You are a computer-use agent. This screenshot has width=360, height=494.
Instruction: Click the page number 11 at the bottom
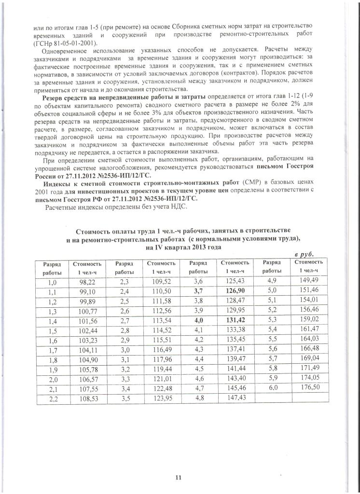point(178,478)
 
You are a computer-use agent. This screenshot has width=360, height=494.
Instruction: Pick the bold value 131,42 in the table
point(234,320)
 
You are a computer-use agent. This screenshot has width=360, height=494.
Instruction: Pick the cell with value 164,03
point(308,339)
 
